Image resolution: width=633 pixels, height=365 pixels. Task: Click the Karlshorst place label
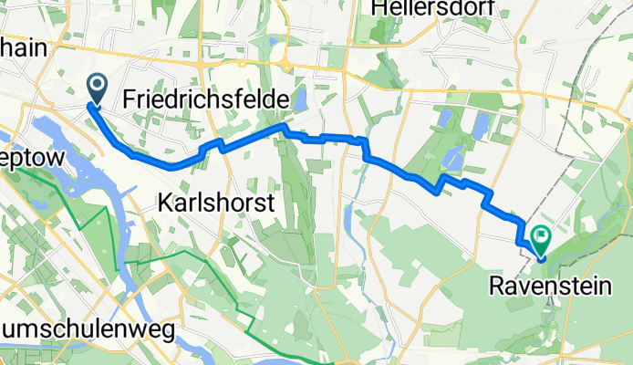[x=215, y=203]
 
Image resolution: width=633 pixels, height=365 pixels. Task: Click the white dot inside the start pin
[x=98, y=84]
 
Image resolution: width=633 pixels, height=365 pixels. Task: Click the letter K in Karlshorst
[x=163, y=203]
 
